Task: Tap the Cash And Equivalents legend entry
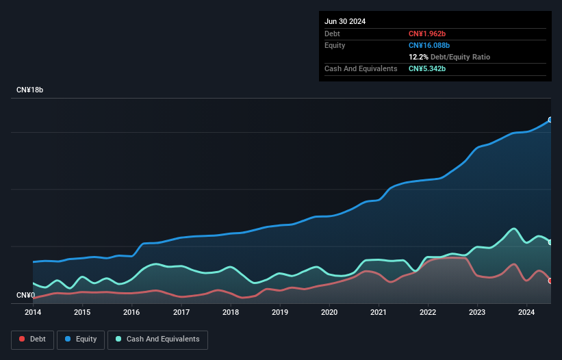[157, 339]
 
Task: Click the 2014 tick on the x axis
[33, 313]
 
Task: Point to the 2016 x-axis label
[131, 313]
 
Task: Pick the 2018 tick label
[231, 313]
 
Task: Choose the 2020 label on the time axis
[329, 313]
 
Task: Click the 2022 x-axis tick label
[428, 313]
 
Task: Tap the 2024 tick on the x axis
[527, 313]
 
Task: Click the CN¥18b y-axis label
[30, 90]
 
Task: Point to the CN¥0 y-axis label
[25, 296]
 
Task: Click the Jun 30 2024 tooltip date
[345, 21]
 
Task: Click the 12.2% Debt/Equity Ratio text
[449, 57]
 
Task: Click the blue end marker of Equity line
[550, 120]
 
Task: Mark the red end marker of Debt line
[550, 281]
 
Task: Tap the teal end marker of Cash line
[550, 242]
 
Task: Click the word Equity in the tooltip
[335, 45]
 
